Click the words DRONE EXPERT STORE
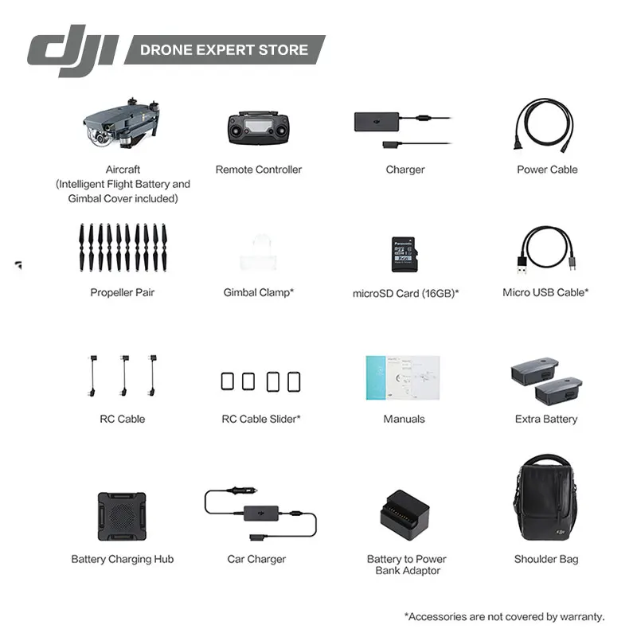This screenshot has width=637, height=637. [224, 49]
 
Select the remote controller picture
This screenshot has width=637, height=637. [258, 127]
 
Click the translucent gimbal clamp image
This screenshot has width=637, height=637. [258, 252]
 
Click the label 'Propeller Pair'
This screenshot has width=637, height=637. [123, 293]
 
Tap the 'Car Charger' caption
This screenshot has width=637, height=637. [256, 559]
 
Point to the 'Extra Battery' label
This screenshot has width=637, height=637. [546, 419]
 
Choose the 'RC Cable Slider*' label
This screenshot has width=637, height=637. [260, 419]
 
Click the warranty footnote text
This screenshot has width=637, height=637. [504, 616]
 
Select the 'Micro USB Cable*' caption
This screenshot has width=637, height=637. [545, 292]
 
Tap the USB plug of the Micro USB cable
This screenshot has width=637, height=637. [523, 260]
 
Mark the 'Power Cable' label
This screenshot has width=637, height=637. [547, 170]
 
